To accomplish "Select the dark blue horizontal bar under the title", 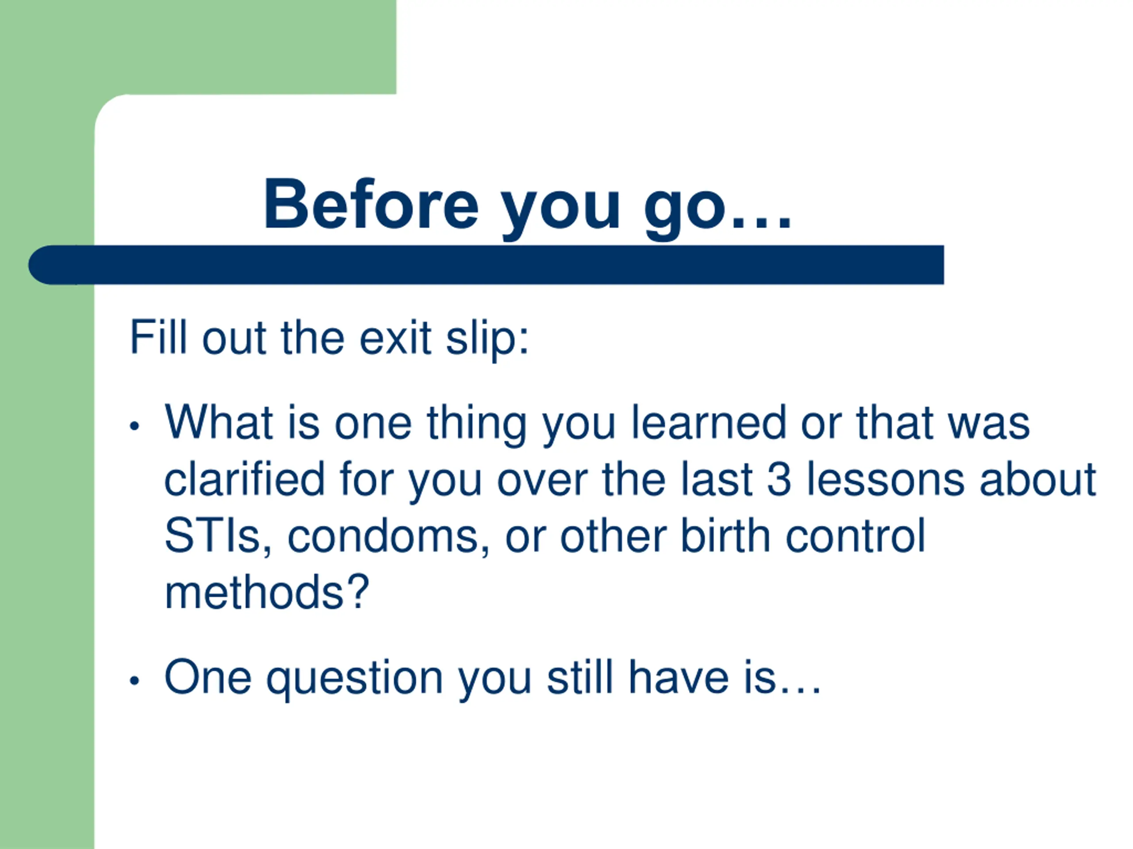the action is (486, 264).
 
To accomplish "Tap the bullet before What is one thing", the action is (135, 425).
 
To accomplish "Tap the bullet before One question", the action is (135, 681).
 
